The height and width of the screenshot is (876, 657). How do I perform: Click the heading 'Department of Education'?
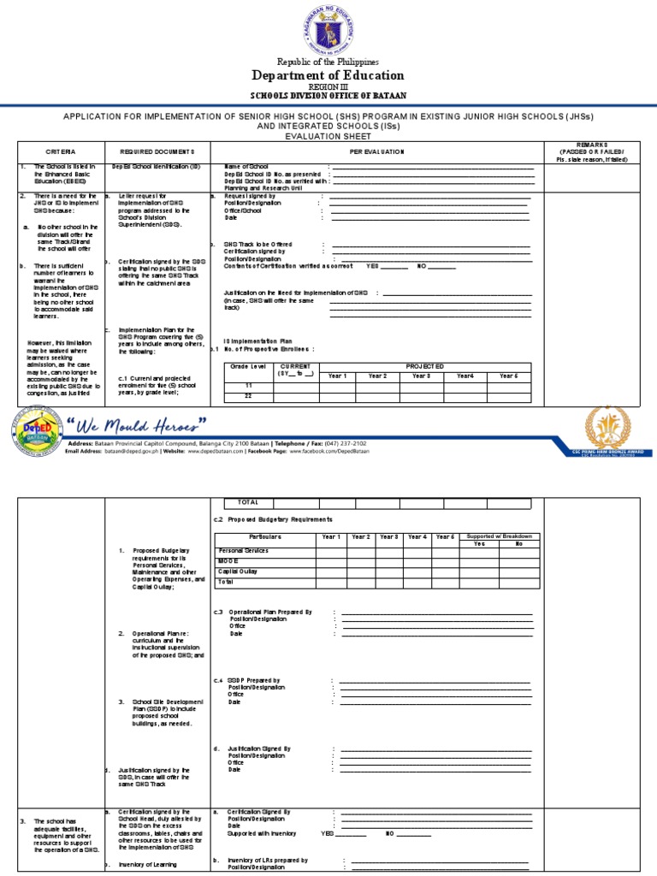pyautogui.click(x=328, y=74)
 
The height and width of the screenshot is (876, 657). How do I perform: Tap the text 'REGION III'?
pyautogui.click(x=328, y=87)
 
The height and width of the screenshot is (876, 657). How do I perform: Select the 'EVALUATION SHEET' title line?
pyautogui.click(x=328, y=135)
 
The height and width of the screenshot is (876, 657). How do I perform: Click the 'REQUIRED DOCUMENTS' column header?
pyautogui.click(x=157, y=151)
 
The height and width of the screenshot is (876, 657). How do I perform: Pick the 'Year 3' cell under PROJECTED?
pyautogui.click(x=422, y=376)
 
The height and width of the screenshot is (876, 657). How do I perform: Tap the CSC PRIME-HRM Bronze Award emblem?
pyautogui.click(x=607, y=429)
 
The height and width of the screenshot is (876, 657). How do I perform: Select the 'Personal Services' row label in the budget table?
pyautogui.click(x=244, y=551)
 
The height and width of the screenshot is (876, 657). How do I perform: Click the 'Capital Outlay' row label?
pyautogui.click(x=240, y=571)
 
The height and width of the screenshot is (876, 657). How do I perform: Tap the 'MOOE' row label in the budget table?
pyautogui.click(x=229, y=560)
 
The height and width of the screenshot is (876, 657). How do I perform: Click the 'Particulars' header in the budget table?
pyautogui.click(x=265, y=536)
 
